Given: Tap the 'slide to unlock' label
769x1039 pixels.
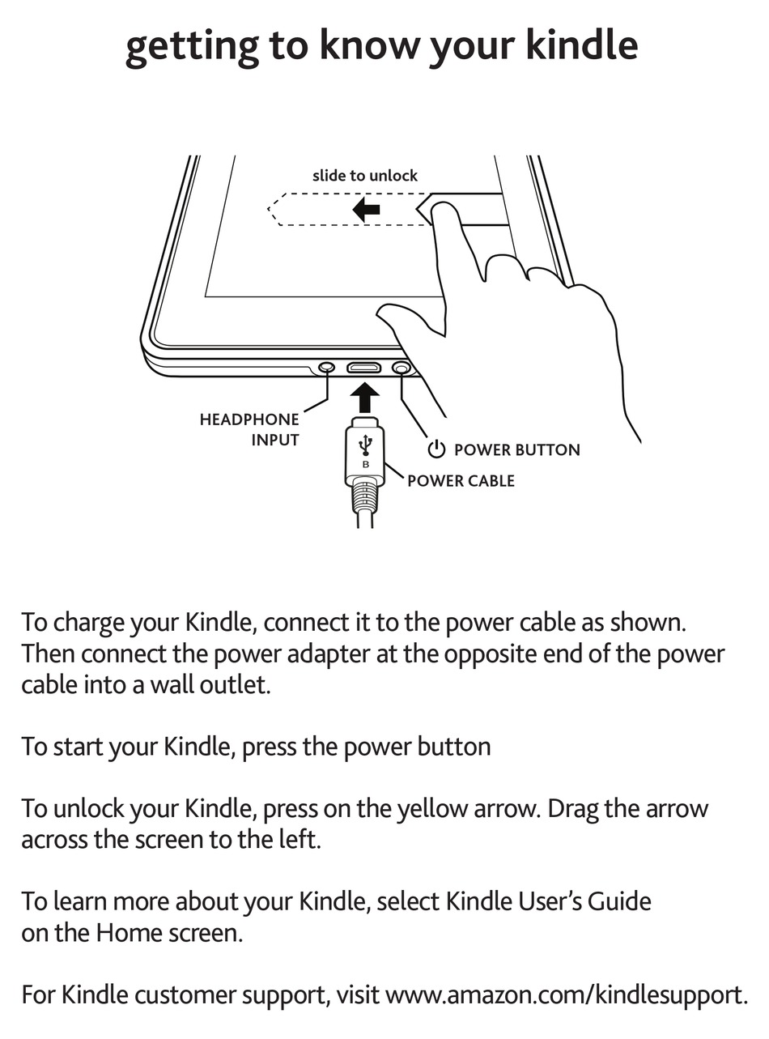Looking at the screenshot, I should click(365, 176).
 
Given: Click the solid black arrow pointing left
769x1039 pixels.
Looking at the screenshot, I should click(367, 211).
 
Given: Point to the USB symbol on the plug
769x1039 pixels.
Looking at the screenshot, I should click(365, 445).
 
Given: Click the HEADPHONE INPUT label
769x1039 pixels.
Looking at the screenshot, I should click(249, 430).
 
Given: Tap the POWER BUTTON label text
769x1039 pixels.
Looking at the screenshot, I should click(516, 450).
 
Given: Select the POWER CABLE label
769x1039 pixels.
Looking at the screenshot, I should click(461, 481).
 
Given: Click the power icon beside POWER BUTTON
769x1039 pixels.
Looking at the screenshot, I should click(437, 449).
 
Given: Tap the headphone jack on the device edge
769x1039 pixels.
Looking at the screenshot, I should click(326, 368).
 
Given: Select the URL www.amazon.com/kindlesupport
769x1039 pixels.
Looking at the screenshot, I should click(565, 994).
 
